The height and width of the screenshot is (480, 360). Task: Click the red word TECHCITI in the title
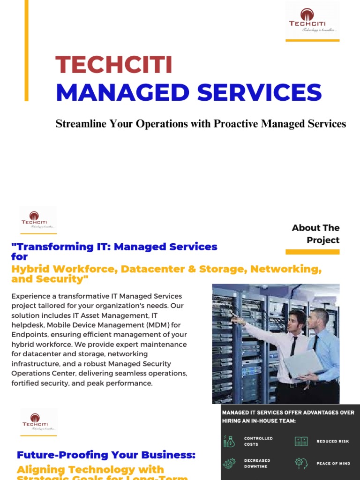click(x=114, y=65)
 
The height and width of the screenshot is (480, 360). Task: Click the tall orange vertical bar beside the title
click(x=26, y=50)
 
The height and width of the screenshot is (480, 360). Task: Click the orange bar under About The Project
click(x=312, y=252)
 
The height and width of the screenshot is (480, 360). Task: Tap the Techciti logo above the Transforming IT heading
click(x=37, y=219)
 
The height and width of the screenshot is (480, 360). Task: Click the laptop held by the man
click(x=304, y=364)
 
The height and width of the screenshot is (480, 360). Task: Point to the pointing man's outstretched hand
click(x=236, y=320)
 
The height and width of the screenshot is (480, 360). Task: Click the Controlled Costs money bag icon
click(x=229, y=441)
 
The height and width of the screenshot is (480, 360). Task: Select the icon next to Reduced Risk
click(x=300, y=441)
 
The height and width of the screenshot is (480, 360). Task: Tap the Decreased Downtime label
click(x=258, y=463)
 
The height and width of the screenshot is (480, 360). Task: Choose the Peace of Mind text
click(x=333, y=463)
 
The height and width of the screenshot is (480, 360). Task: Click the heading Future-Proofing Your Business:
click(x=106, y=455)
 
